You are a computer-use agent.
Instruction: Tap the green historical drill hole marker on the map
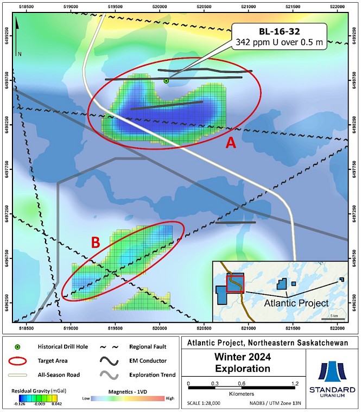point(166,81)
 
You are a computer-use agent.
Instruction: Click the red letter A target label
point(231,143)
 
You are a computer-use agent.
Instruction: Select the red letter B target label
point(95,243)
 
